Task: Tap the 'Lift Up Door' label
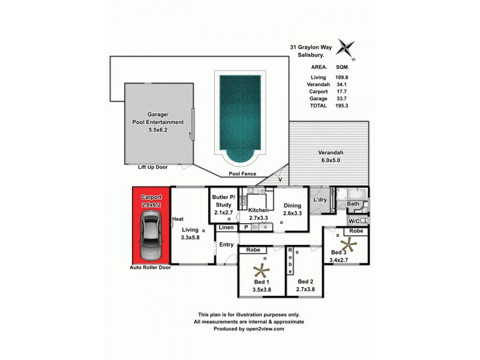(x=152, y=167)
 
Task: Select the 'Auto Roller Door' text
(x=151, y=268)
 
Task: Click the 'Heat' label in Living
(x=178, y=219)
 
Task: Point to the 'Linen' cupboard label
(x=226, y=228)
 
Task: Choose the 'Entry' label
(x=226, y=244)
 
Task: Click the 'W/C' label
(x=354, y=221)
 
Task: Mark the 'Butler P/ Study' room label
(x=223, y=202)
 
